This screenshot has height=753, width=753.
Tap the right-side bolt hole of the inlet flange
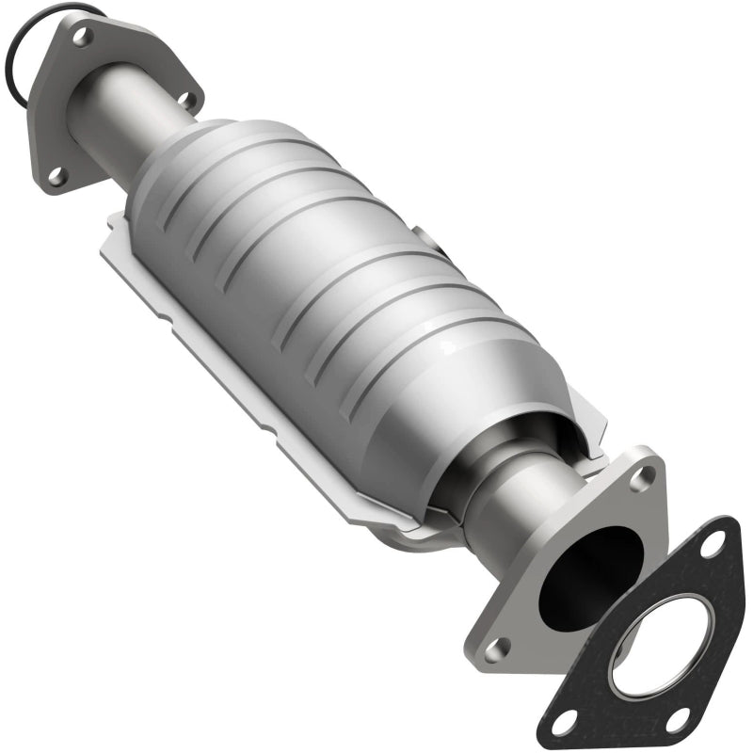coord(184,98)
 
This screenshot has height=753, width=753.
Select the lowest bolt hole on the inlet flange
coord(55,174)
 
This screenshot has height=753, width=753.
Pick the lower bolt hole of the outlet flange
coord(496,647)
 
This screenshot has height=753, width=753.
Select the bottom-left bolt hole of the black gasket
coord(563,722)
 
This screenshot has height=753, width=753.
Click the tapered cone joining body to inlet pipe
coord(188,151)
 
